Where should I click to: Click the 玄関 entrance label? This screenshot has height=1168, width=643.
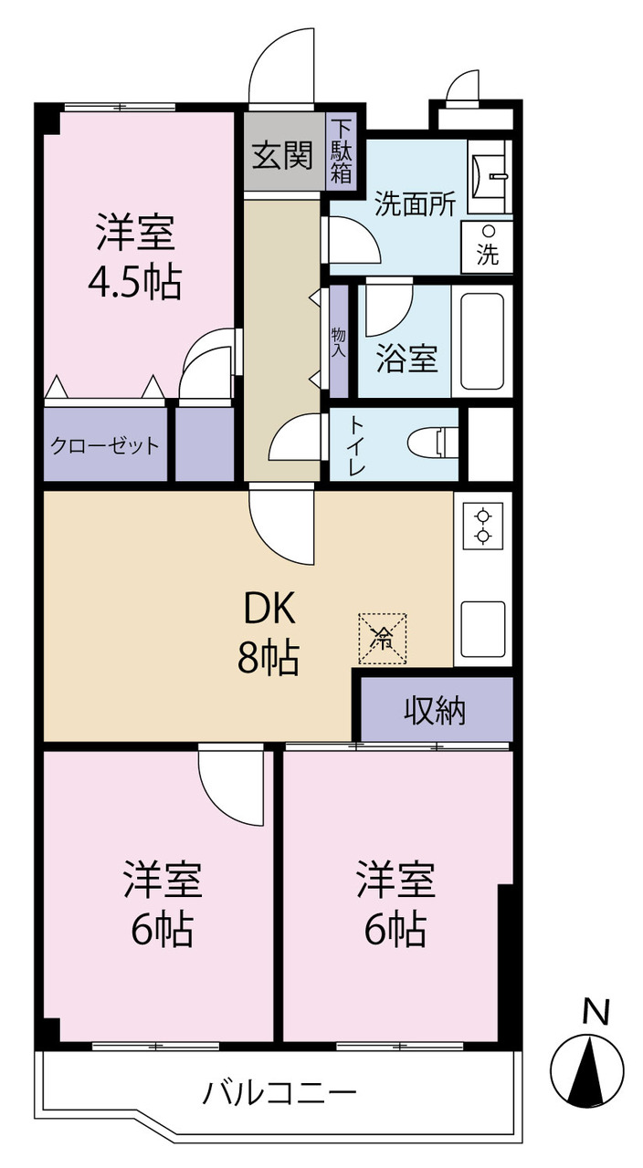click(282, 155)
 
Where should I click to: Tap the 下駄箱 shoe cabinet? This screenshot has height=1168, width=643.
click(342, 151)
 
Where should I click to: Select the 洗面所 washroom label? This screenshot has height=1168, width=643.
click(416, 203)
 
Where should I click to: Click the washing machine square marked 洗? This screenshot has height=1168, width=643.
click(488, 246)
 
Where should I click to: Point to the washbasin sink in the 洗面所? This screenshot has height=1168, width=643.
click(489, 176)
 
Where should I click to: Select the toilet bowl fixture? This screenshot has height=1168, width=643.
click(432, 443)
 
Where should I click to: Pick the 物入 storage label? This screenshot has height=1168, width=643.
click(339, 341)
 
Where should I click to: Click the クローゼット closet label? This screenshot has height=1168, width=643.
click(104, 445)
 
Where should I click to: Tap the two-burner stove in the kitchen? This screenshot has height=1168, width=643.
click(483, 526)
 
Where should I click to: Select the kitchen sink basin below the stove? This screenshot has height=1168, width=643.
click(483, 629)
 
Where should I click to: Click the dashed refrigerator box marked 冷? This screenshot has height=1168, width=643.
click(383, 639)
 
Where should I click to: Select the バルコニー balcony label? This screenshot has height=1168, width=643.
click(279, 1092)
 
